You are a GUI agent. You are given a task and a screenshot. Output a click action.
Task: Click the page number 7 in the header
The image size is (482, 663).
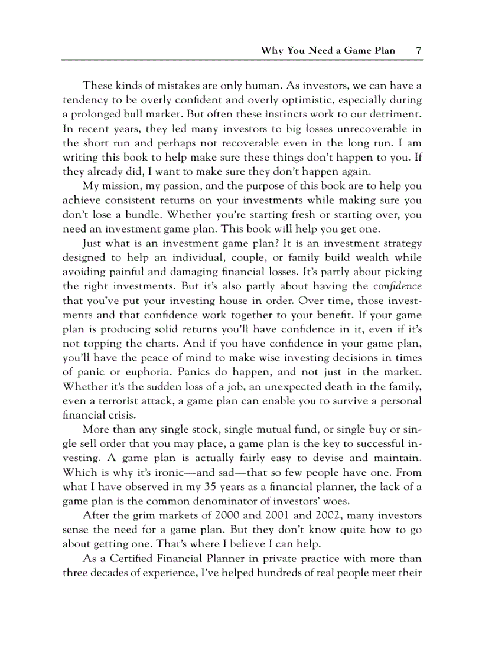pyautogui.click(x=418, y=50)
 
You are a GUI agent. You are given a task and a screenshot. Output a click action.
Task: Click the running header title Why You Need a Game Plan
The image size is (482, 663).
pyautogui.click(x=328, y=50)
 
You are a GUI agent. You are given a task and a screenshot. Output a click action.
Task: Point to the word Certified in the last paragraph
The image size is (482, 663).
pyautogui.click(x=131, y=558)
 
